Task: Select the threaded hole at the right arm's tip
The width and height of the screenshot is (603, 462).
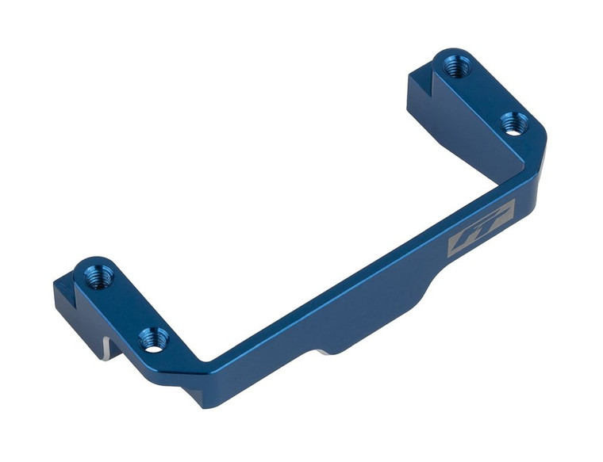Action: click(455, 67)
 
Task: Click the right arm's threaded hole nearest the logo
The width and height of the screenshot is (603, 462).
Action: click(514, 124)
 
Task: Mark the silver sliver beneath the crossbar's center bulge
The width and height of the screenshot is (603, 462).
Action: click(325, 349)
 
